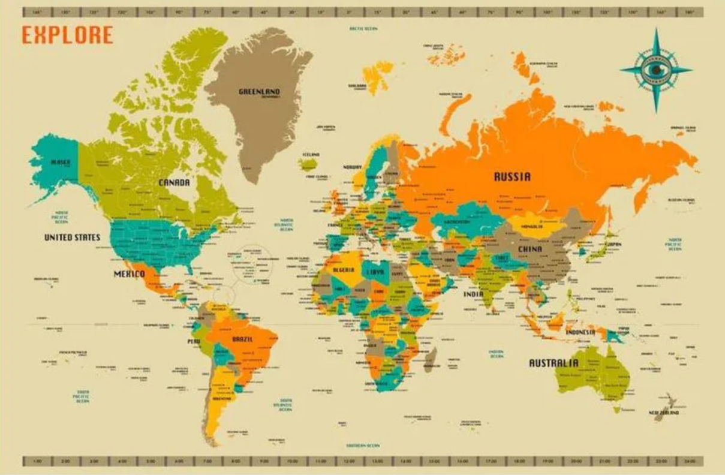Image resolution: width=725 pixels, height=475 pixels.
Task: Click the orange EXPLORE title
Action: pyautogui.click(x=67, y=35)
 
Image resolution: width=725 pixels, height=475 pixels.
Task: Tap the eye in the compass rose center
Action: pyautogui.click(x=656, y=70)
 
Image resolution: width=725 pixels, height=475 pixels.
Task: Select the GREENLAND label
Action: pyautogui.click(x=259, y=92)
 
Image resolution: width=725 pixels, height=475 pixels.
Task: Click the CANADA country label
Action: pyautogui.click(x=174, y=182)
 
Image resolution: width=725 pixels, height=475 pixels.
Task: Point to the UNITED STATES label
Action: pyautogui.click(x=72, y=237)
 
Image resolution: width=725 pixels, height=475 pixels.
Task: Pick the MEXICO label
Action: pyautogui.click(x=130, y=274)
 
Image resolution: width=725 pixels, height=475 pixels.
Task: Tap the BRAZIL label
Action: pyautogui.click(x=242, y=339)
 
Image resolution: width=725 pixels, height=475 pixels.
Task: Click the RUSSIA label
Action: pyautogui.click(x=512, y=177)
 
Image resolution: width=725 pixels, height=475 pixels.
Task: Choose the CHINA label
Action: pyautogui.click(x=530, y=249)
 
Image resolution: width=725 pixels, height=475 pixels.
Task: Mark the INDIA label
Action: pyautogui.click(x=473, y=294)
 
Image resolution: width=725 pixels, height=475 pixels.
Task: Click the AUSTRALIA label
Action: pyautogui.click(x=553, y=363)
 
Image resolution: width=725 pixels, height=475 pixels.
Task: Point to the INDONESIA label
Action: pyautogui.click(x=580, y=332)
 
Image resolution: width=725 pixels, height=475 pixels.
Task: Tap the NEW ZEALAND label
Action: pyautogui.click(x=664, y=413)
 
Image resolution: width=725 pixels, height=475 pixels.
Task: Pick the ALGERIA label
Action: pyautogui.click(x=339, y=270)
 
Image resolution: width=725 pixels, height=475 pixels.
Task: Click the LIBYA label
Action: pyautogui.click(x=374, y=271)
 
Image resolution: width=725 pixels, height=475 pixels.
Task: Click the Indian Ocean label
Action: pyautogui.click(x=496, y=354)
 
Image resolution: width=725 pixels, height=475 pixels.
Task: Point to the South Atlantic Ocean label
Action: pyautogui.click(x=285, y=404)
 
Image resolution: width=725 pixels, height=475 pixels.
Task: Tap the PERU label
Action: pyautogui.click(x=194, y=341)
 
